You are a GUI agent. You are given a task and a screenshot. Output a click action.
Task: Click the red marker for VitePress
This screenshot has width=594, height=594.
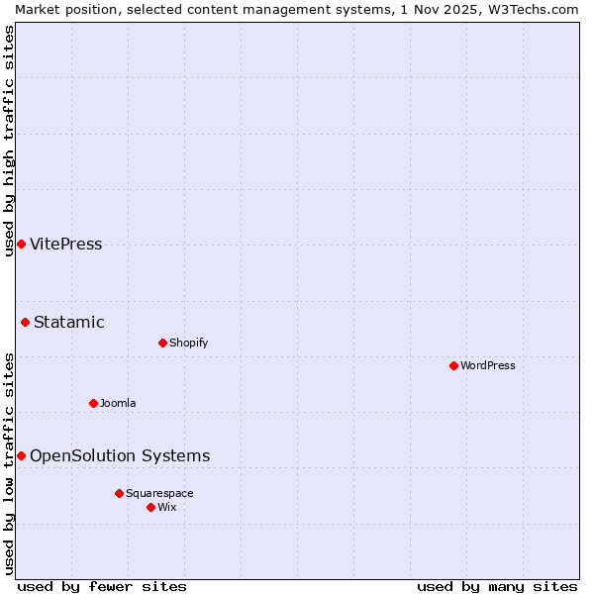tap(21, 244)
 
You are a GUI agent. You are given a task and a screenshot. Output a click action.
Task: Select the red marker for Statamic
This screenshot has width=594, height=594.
tap(25, 322)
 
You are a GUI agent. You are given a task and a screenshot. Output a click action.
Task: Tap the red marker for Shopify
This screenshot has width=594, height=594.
tap(162, 343)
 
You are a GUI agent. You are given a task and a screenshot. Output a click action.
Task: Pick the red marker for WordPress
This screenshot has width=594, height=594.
tap(453, 365)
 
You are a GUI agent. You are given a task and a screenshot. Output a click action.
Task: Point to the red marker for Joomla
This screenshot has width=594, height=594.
tap(93, 403)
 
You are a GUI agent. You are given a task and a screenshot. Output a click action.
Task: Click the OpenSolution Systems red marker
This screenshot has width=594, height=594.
tap(21, 455)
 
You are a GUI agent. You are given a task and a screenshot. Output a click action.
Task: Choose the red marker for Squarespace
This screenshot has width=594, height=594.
tap(119, 493)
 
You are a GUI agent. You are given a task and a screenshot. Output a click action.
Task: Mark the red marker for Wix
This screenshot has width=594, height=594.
tap(150, 507)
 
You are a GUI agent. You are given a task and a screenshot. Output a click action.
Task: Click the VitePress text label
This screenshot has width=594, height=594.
tap(65, 245)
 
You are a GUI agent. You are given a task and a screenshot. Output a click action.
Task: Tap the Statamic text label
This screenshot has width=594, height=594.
tap(68, 322)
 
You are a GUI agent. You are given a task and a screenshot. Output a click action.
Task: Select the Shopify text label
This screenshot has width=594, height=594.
tap(188, 343)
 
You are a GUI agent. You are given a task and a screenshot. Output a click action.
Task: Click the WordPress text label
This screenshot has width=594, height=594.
tap(487, 365)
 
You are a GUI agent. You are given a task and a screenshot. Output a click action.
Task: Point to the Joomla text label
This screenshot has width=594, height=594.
tap(118, 403)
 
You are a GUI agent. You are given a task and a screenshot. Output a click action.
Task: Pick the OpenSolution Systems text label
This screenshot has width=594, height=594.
tap(120, 455)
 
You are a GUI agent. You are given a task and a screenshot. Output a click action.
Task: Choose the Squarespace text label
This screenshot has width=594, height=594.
tap(159, 493)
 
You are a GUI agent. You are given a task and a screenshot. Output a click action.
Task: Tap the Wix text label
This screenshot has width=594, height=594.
tap(166, 507)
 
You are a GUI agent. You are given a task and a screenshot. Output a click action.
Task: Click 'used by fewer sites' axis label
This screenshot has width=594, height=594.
tap(102, 586)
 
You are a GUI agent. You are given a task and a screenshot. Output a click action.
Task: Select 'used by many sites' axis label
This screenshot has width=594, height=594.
tap(497, 586)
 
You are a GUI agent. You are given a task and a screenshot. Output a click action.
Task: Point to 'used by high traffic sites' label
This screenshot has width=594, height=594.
tap(9, 141)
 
